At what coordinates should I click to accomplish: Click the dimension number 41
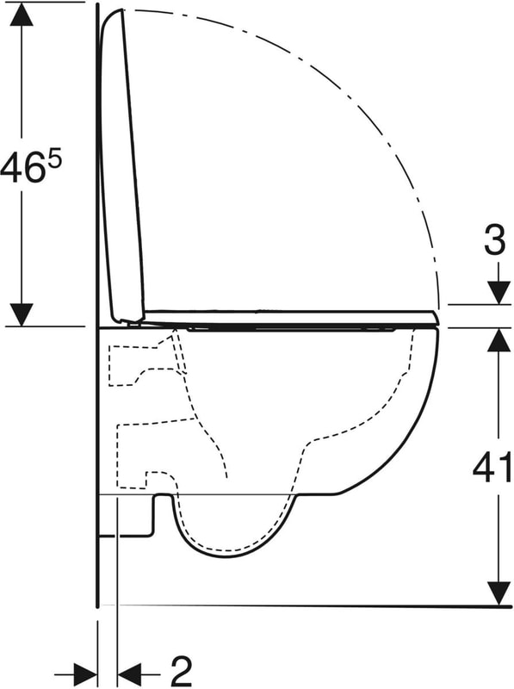[x=492, y=466]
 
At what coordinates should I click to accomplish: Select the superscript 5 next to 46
[x=54, y=159]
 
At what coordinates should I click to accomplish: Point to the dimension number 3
[x=495, y=240]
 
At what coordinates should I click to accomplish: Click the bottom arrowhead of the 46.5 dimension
[x=22, y=314]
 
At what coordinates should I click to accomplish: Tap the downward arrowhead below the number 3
[x=499, y=292]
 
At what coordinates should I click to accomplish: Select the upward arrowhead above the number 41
[x=499, y=339]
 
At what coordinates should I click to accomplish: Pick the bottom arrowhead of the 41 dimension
[x=499, y=594]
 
